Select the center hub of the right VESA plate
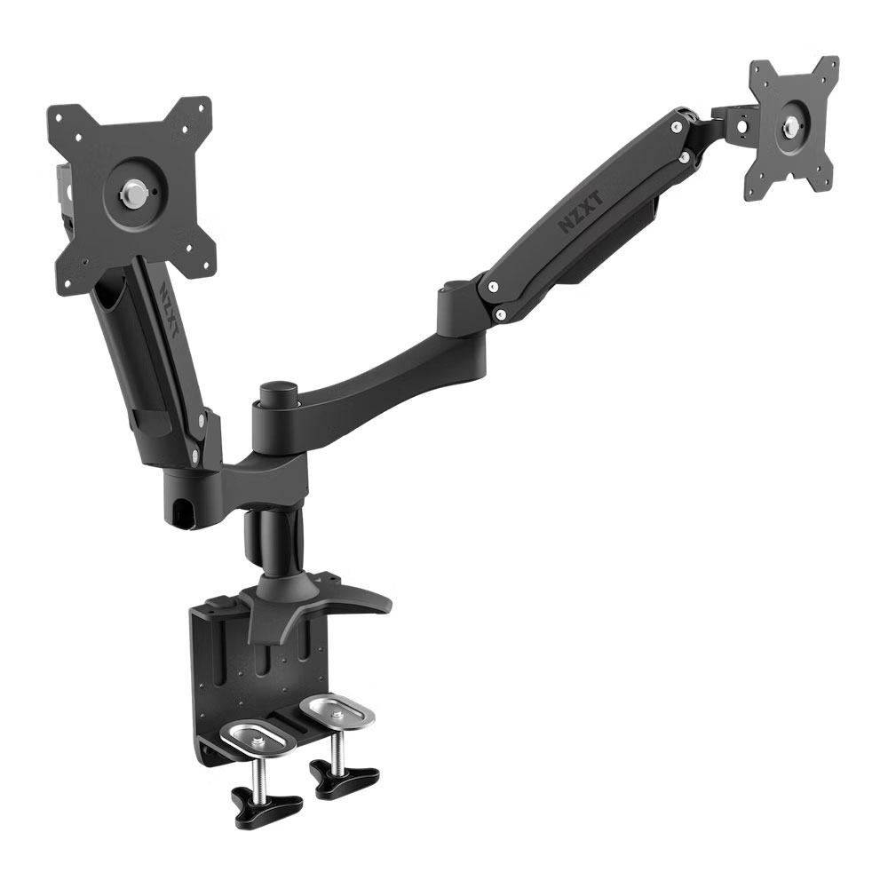click(789, 125)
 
